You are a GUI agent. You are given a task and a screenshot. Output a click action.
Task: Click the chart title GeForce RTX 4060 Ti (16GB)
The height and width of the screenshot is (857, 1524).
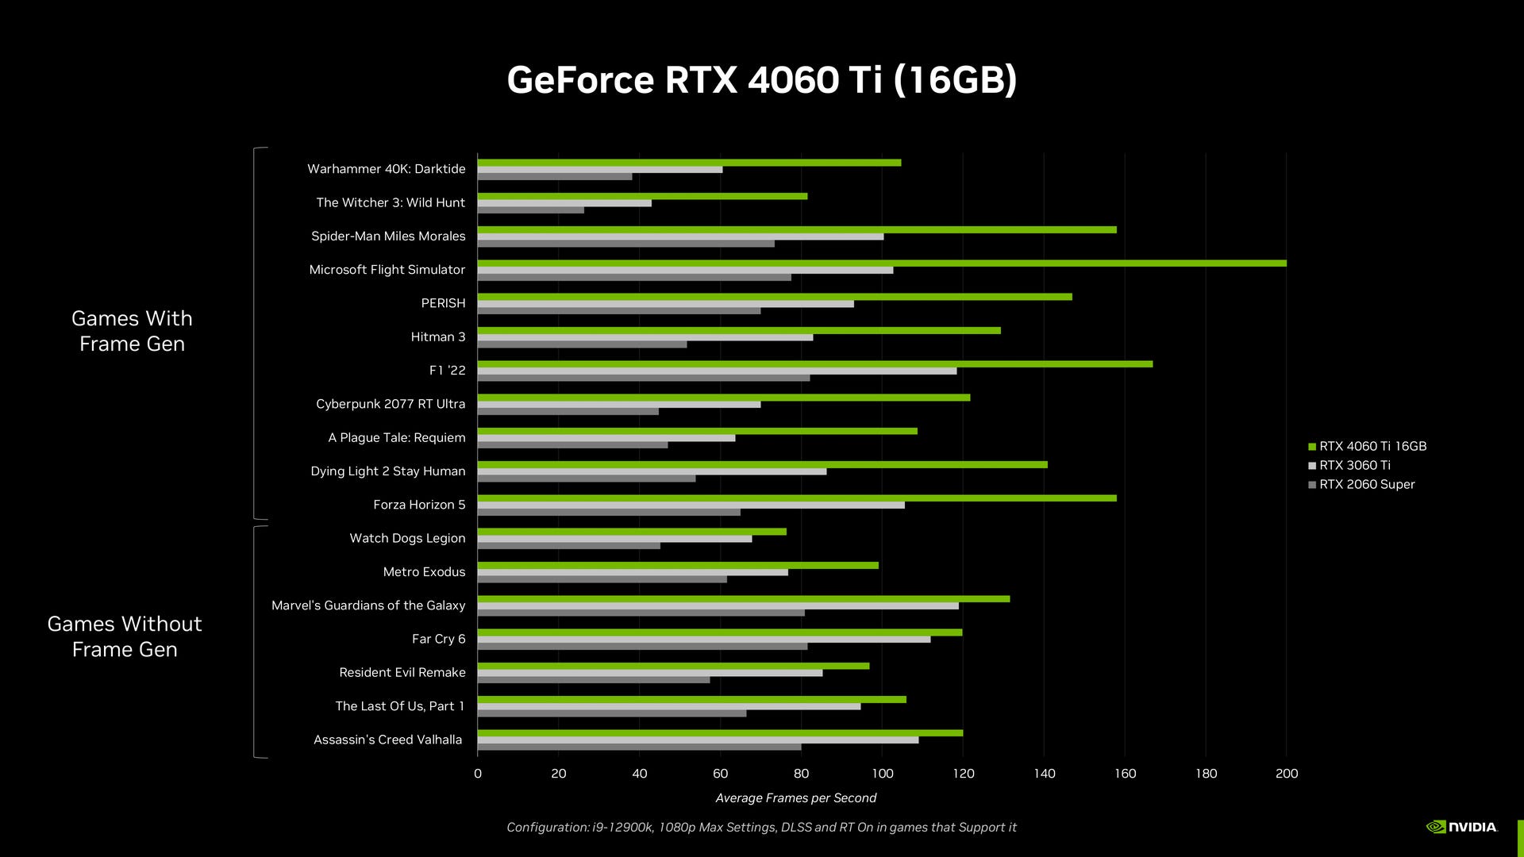[x=761, y=80]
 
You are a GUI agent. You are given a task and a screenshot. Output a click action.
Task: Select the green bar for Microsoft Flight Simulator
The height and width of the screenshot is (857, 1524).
[x=881, y=263]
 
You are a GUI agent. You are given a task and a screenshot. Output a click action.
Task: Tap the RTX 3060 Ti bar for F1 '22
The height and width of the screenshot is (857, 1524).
[x=717, y=371]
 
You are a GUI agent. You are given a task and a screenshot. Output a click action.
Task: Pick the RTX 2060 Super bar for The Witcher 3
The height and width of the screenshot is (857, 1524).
[x=530, y=210]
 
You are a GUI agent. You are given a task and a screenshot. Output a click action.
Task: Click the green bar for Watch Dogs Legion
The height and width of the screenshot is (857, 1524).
[x=631, y=532]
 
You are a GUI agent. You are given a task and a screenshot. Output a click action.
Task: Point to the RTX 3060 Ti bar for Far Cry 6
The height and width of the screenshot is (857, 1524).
[x=703, y=640]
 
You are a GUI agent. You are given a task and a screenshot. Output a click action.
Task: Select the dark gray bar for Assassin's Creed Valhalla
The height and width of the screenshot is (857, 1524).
[x=639, y=747]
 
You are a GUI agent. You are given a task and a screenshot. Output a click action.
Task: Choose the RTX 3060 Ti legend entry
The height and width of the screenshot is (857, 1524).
[x=1354, y=466]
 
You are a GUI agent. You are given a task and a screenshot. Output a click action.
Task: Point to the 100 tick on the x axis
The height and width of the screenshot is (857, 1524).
[x=882, y=774]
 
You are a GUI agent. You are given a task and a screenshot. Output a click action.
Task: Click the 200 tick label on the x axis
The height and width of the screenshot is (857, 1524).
[x=1286, y=774]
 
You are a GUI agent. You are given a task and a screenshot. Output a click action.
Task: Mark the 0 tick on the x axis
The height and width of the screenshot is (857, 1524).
[x=478, y=774]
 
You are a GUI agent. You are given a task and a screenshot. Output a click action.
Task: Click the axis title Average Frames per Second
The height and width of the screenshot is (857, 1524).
[x=795, y=798]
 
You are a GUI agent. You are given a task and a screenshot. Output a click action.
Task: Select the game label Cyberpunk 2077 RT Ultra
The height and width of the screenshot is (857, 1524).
[x=391, y=404]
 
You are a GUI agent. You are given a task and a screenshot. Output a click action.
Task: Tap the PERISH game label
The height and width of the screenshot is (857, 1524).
[x=443, y=303]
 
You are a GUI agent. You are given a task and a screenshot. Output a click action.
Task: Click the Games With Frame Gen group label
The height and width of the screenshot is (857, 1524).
[x=132, y=331]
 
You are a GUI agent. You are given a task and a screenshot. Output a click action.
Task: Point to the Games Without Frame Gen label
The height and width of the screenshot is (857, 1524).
[x=125, y=636]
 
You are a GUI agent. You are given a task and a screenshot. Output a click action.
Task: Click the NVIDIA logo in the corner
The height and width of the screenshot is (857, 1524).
[x=1461, y=827]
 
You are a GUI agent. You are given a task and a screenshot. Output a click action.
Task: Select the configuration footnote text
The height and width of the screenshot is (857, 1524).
[x=761, y=828]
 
